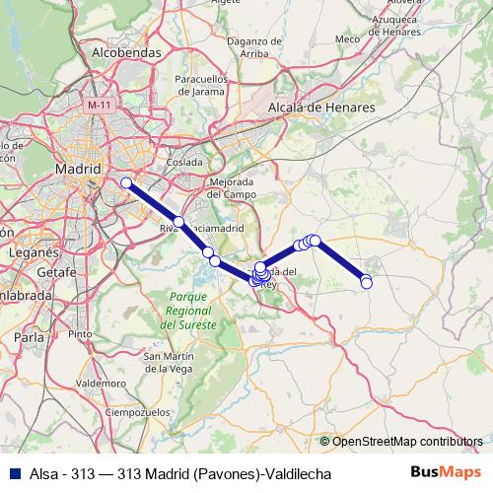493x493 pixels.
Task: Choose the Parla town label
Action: point(31,336)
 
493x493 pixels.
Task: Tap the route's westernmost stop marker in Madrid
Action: point(126,182)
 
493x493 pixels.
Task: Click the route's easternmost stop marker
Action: point(367,283)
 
